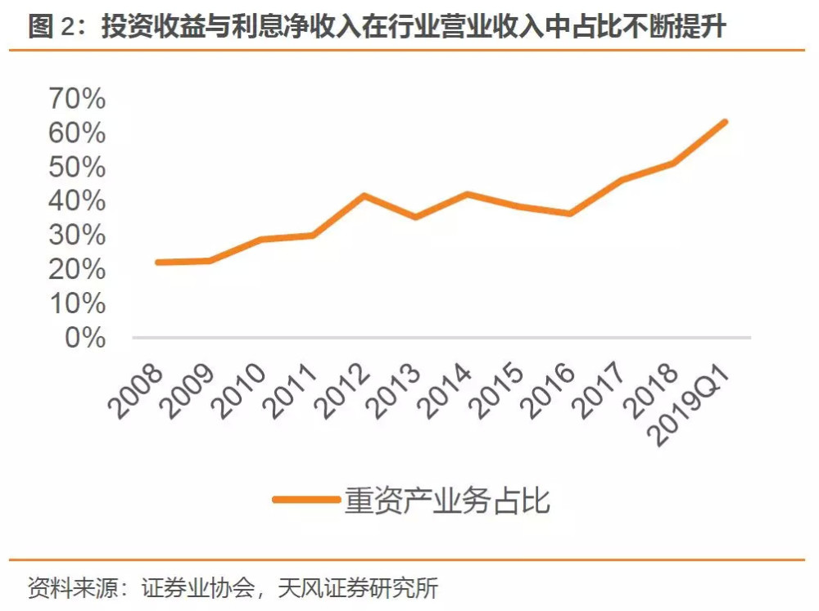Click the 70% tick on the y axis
(77, 99)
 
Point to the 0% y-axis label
(85, 337)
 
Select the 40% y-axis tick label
(77, 201)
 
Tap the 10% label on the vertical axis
(77, 303)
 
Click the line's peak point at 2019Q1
(724, 122)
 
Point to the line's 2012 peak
(364, 195)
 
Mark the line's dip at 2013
(415, 217)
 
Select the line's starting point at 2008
(157, 262)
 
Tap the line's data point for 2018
(672, 163)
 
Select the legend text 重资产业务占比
(446, 499)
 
